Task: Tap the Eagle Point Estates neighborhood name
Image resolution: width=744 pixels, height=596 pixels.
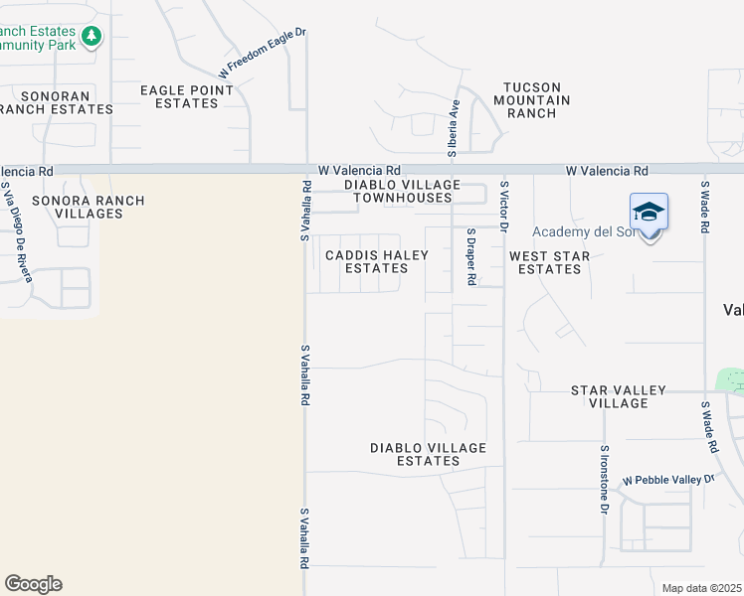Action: point(187,96)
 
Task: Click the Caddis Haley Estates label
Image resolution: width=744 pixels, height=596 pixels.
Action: point(377,261)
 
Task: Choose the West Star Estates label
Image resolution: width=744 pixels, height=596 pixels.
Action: point(550,262)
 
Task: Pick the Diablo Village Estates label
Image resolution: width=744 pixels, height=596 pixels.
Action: point(429,454)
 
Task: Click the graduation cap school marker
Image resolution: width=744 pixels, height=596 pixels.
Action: point(649,213)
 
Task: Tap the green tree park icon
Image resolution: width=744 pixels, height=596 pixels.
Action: point(92,37)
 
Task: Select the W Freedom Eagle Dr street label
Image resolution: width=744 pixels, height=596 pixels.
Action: point(263,54)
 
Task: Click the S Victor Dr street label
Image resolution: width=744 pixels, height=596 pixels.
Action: point(504,207)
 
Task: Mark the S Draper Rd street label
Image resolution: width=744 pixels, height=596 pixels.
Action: point(471,256)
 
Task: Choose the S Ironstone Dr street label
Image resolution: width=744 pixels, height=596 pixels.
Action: point(604,480)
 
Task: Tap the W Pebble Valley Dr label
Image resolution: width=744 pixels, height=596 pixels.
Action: point(668,480)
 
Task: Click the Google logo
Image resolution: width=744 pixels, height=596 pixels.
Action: point(33,584)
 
